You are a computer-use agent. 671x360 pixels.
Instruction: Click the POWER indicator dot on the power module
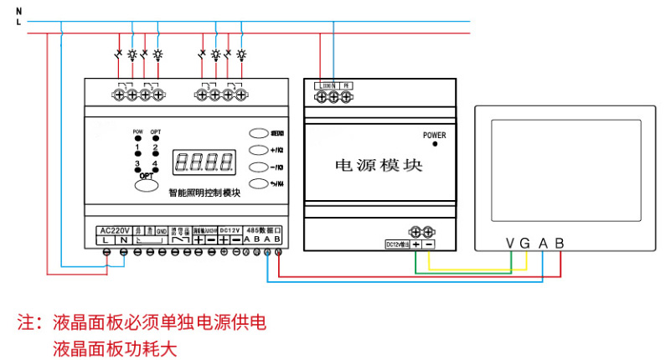tap(435, 144)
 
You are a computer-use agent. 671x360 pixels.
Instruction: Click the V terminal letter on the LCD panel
tap(510, 243)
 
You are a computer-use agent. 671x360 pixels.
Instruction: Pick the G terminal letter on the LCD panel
tap(525, 243)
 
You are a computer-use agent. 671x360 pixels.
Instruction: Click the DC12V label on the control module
tap(230, 229)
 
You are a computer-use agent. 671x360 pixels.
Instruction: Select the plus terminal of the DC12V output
tap(416, 244)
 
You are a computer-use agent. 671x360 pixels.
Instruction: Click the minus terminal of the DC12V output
tap(429, 244)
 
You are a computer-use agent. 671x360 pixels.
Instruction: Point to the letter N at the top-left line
tap(18, 11)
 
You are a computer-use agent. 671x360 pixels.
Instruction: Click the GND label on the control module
tap(162, 229)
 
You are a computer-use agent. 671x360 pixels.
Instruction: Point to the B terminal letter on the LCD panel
tap(560, 243)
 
